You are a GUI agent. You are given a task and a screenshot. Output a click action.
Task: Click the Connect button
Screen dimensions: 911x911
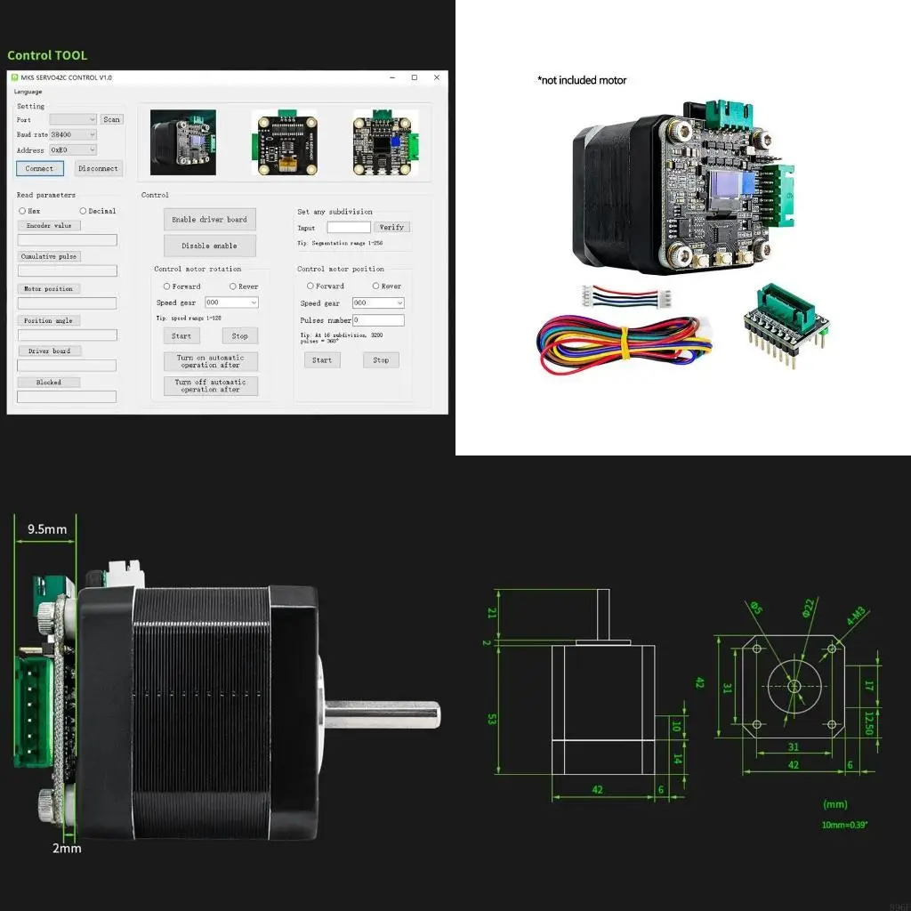pos(39,168)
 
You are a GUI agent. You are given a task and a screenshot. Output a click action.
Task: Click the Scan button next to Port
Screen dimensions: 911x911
pos(111,119)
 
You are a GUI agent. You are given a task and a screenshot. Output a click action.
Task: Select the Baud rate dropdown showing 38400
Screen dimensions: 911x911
pos(73,134)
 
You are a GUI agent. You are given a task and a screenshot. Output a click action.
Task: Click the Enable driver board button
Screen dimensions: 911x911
pos(209,220)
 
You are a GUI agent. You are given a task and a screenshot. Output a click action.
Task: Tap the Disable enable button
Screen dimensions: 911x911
pos(209,246)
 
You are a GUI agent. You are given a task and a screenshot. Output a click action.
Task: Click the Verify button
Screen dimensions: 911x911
pos(391,227)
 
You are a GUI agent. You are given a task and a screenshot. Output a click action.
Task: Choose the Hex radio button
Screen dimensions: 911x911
pos(22,211)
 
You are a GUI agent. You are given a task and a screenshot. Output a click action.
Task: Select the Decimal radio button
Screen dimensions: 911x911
pos(84,211)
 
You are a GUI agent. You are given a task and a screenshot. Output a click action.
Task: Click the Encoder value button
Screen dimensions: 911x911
pos(50,226)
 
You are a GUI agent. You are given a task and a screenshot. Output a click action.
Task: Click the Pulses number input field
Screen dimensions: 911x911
pos(378,320)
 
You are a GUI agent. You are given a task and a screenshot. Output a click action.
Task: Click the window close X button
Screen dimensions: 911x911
pos(436,77)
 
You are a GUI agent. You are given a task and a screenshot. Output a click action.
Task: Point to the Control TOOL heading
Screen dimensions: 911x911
pos(47,55)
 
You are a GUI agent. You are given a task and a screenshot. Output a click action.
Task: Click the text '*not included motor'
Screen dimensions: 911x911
pos(582,80)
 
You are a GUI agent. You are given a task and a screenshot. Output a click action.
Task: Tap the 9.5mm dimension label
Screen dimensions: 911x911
pos(47,529)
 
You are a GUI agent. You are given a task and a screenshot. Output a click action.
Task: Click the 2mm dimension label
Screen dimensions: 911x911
pos(66,848)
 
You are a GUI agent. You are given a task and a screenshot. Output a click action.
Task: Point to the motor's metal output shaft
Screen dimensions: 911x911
pos(383,713)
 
